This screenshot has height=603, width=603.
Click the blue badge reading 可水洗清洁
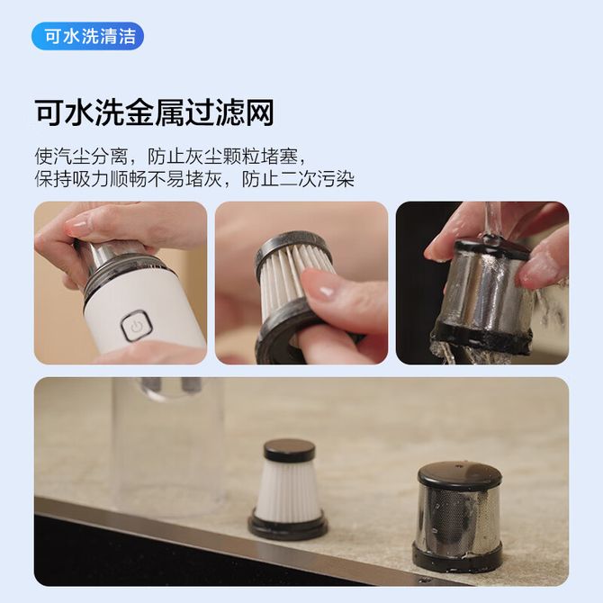[x=87, y=37]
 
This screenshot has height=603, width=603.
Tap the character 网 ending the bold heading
[x=259, y=112]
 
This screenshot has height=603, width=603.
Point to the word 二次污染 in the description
[x=317, y=179]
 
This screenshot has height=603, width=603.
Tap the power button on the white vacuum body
[x=137, y=326]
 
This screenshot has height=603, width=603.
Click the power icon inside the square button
[x=137, y=327]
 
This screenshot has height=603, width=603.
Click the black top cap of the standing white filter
[x=289, y=450]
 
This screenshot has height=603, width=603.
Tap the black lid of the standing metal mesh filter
[x=460, y=476]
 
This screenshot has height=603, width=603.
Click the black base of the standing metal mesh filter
[x=457, y=553]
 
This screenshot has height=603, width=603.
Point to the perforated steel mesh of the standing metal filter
[x=458, y=516]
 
